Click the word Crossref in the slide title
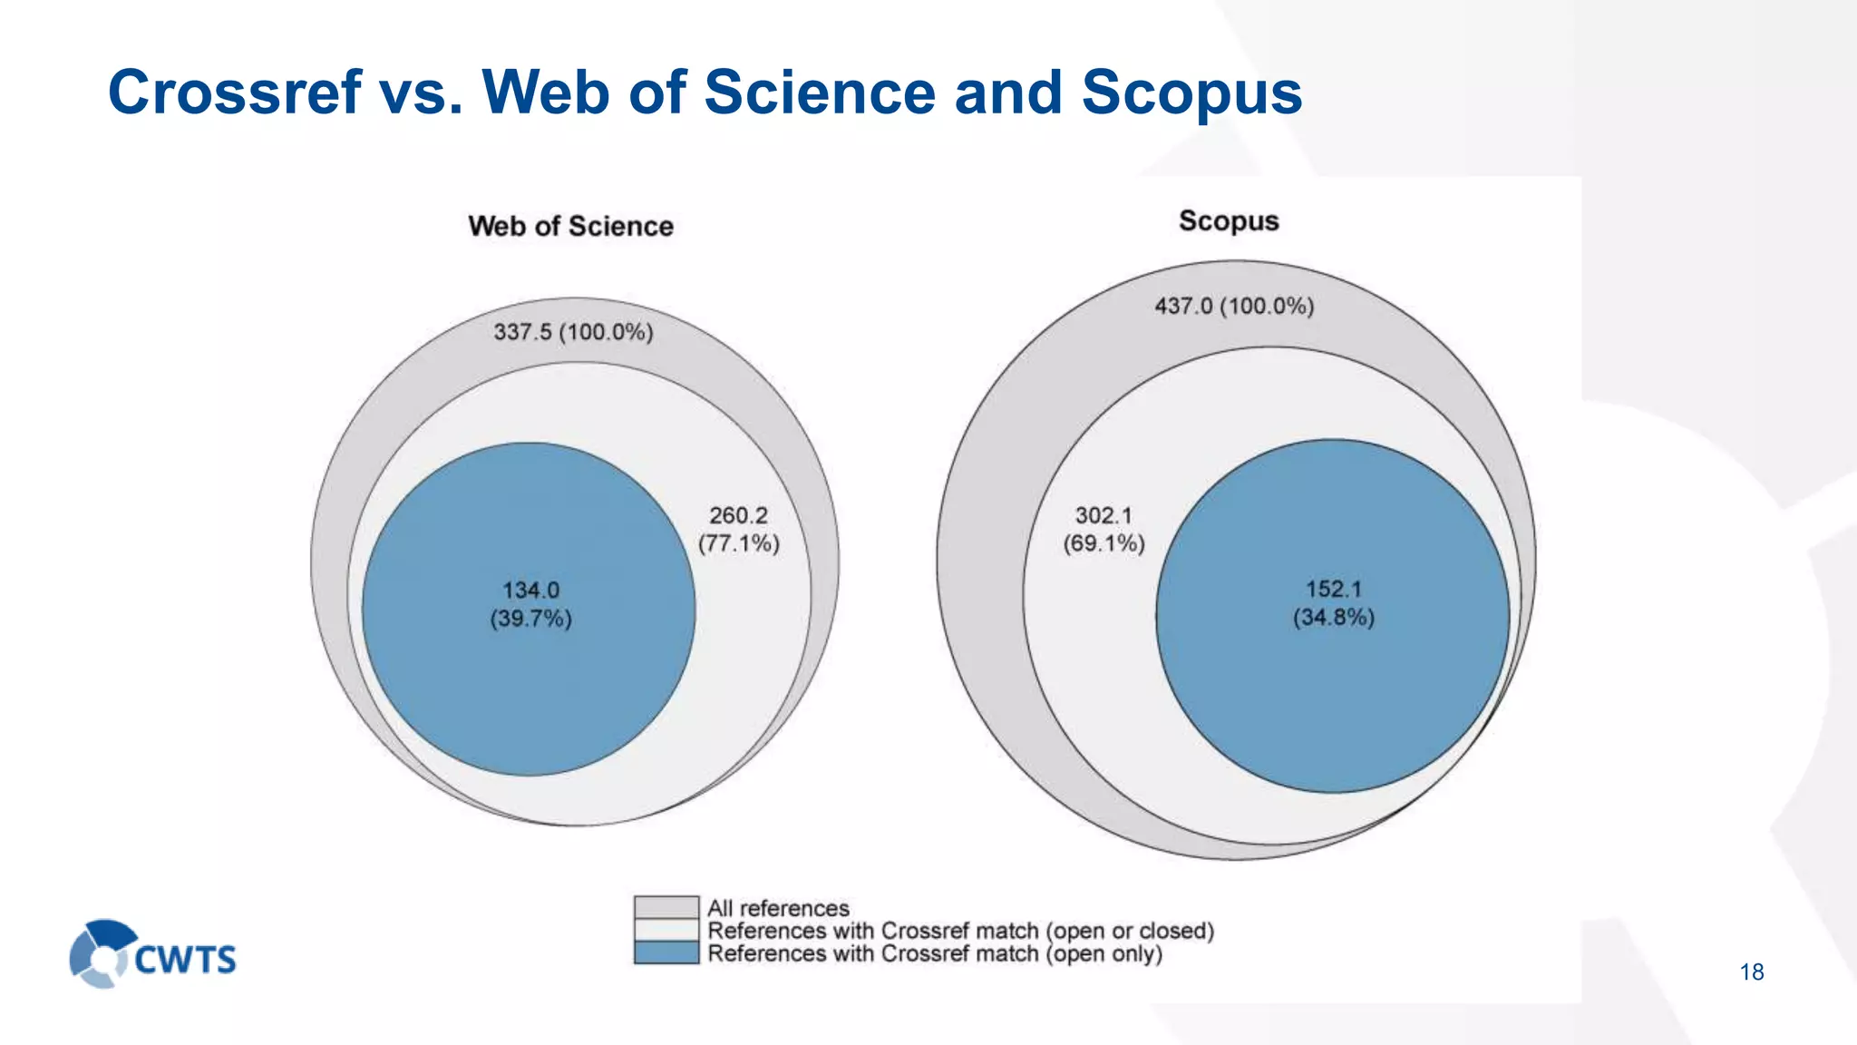coord(234,93)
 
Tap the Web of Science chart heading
coord(570,226)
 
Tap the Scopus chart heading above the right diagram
coord(1229,221)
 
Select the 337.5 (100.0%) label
coord(573,332)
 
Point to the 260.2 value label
coord(738,515)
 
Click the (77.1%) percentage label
coord(738,543)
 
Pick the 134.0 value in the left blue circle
coord(530,590)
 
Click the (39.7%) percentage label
coord(530,619)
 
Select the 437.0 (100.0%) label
coord(1234,306)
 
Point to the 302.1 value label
coord(1104,515)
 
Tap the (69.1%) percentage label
coord(1104,543)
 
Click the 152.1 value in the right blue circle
coord(1333,589)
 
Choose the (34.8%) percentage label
coord(1333,618)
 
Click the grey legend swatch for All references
coord(666,907)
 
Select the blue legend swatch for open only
coord(666,952)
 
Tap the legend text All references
coord(778,908)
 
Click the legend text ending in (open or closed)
coord(960,931)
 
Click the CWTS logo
coord(152,954)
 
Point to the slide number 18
coord(1752,972)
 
